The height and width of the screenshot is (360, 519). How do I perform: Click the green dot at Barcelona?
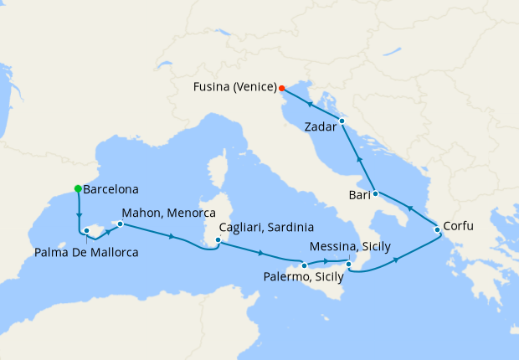pyautogui.click(x=78, y=189)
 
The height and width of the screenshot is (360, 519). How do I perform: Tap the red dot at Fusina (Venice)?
pyautogui.click(x=282, y=88)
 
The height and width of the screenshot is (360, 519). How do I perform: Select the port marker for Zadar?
pyautogui.click(x=342, y=122)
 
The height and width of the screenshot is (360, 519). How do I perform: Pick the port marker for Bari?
pyautogui.click(x=374, y=194)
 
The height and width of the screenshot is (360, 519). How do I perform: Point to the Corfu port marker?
pyautogui.click(x=437, y=229)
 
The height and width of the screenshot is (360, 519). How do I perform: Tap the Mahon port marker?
pyautogui.click(x=121, y=224)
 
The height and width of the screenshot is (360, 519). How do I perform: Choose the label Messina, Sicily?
pyautogui.click(x=349, y=248)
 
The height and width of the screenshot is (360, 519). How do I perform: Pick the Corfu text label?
pyautogui.click(x=462, y=226)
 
